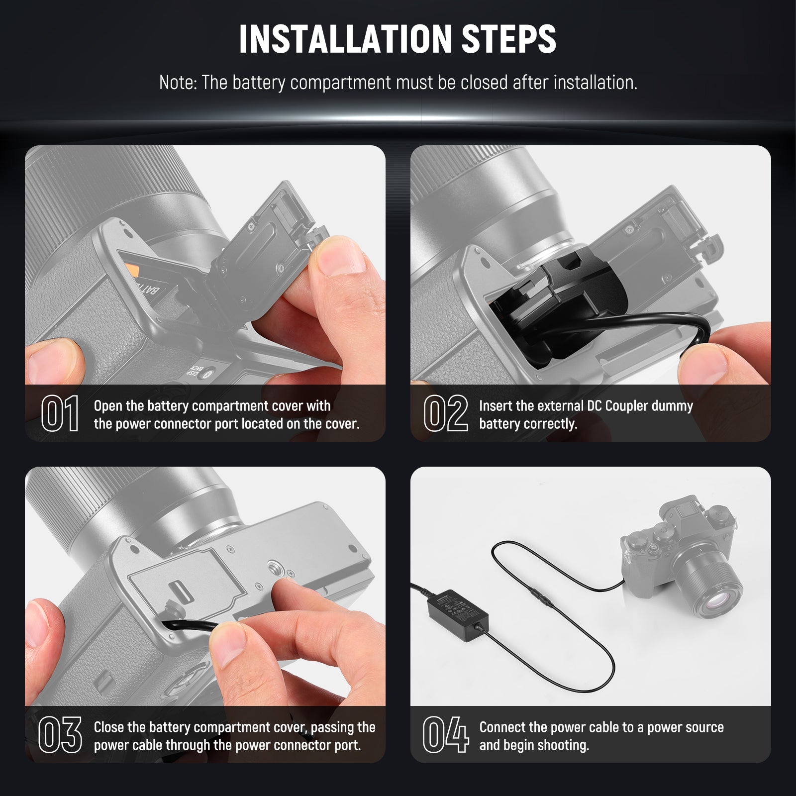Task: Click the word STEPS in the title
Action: point(508,39)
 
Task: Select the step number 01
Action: point(60,413)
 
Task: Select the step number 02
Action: point(445,413)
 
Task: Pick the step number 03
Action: point(60,734)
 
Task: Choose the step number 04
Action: point(445,734)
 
